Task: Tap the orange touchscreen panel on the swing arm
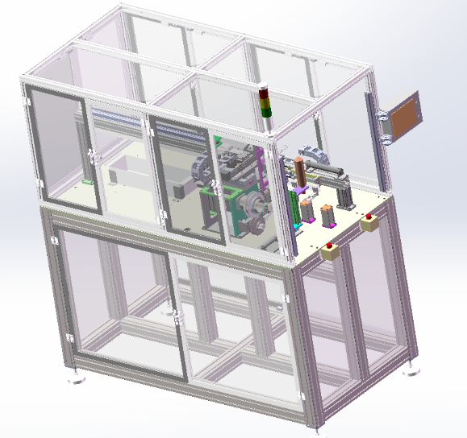pos(402,114)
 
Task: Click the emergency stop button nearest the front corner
pos(331,250)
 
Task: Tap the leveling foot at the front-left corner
pos(77,375)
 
